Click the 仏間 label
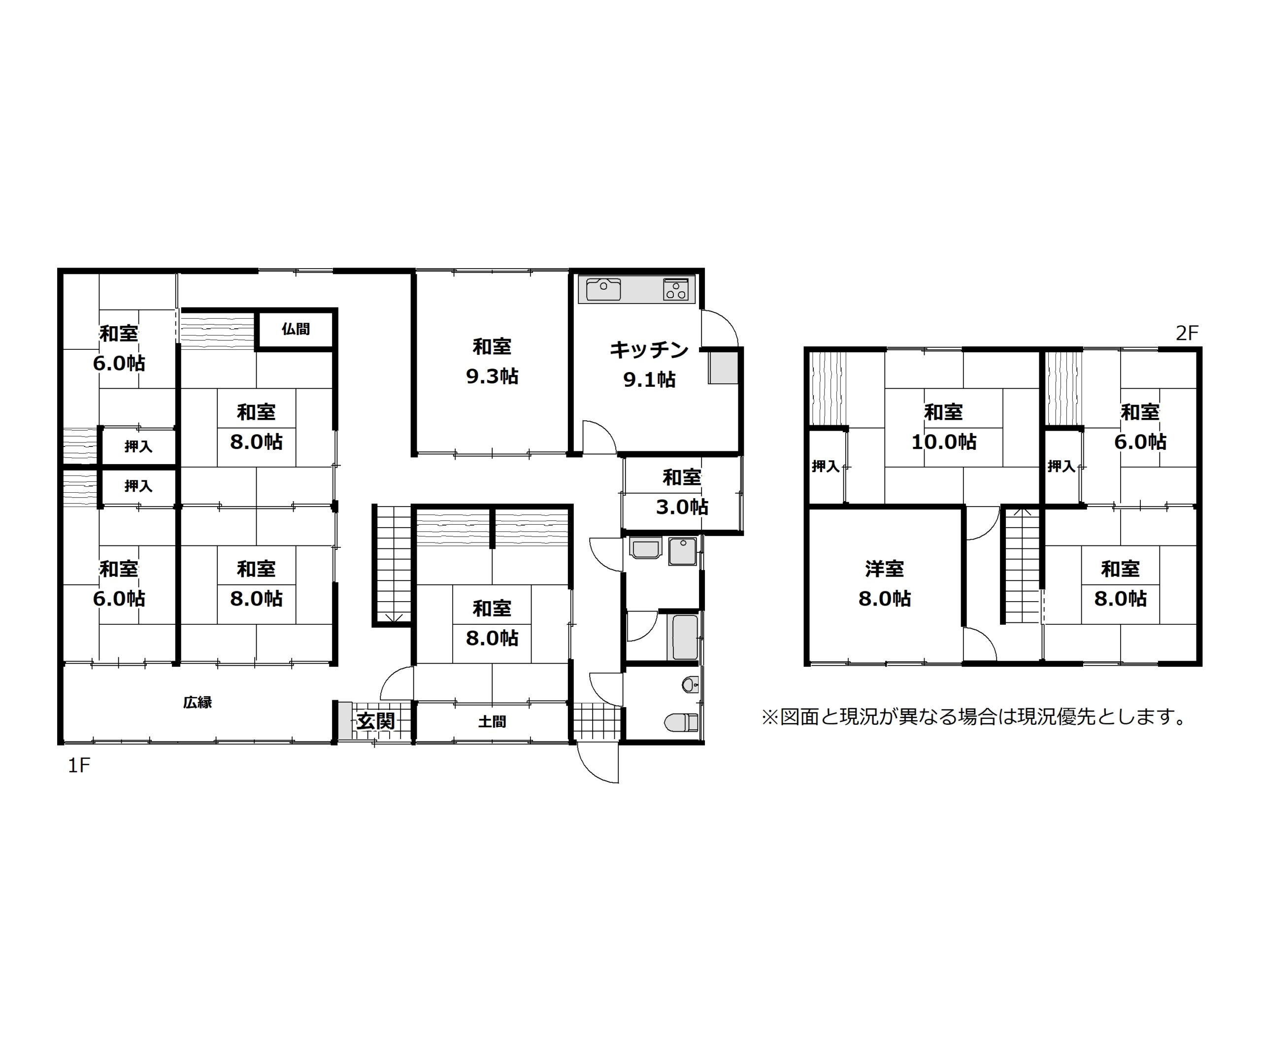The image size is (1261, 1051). coord(296,329)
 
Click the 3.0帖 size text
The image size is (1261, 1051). coord(682,507)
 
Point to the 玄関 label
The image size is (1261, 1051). coord(376,721)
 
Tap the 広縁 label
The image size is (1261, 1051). coord(198,702)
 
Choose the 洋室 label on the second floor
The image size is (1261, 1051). coord(885,569)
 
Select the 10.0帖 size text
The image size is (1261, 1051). coord(943,442)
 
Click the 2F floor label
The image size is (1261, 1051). coord(1187,333)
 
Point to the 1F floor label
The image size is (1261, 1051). coord(79,766)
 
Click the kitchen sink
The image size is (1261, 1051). coord(603,289)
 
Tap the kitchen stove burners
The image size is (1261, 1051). coord(675,289)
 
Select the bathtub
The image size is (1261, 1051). coord(685,637)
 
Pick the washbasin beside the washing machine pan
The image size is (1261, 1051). coord(645,549)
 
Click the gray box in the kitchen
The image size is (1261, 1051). coord(723,368)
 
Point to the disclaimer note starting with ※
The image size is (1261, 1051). coord(975,716)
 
